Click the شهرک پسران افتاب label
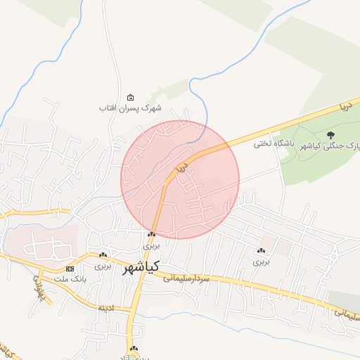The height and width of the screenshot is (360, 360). pos(130,108)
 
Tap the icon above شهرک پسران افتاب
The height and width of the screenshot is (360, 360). pos(130,98)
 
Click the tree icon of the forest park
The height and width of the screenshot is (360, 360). pos(331,134)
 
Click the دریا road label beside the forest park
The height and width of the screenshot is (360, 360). pos(344,107)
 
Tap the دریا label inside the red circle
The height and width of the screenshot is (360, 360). pos(182,167)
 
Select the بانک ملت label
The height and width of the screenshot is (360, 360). pos(70,279)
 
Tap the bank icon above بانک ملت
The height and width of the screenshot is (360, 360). pos(70,269)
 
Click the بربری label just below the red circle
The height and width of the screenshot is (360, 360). pos(152,246)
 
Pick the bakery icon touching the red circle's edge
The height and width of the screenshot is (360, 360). pos(151,235)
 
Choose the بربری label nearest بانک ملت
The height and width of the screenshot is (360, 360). pos(103,266)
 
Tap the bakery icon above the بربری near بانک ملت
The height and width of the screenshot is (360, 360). pos(103,255)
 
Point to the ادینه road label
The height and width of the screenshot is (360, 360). pos(106,307)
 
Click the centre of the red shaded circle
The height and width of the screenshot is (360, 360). pos(180,179)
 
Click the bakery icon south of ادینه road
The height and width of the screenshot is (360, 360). pos(134,349)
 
